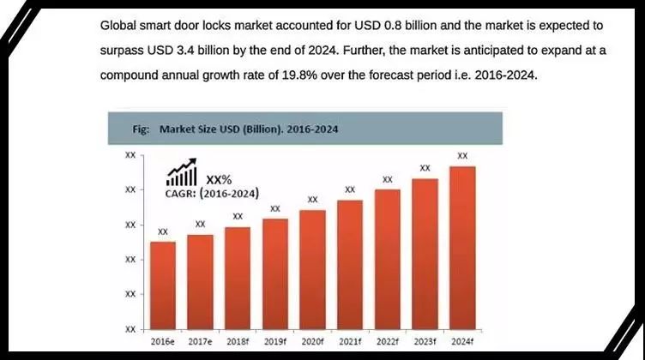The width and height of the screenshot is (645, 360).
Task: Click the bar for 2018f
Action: [238, 278]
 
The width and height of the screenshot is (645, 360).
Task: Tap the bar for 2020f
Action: [312, 269]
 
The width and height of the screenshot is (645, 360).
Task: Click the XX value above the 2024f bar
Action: [462, 155]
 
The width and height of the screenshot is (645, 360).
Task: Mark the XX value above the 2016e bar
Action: [163, 231]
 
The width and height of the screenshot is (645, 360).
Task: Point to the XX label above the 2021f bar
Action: [350, 189]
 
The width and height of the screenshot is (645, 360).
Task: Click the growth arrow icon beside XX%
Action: [182, 174]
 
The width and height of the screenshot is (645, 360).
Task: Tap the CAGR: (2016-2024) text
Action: [212, 194]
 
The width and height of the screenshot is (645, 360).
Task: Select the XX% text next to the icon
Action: [220, 178]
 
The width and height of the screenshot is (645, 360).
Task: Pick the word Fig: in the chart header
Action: [142, 129]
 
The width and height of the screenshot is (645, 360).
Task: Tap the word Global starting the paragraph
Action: [121, 27]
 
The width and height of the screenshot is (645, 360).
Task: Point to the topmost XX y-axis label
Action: [130, 155]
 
